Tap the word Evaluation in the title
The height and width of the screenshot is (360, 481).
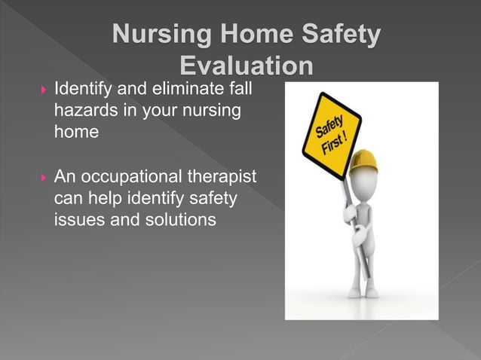point(247,67)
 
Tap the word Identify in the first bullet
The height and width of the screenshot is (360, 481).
point(81,90)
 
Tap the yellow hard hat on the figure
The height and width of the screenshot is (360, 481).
point(363,160)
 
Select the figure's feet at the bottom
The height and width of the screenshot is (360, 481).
point(363,292)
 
